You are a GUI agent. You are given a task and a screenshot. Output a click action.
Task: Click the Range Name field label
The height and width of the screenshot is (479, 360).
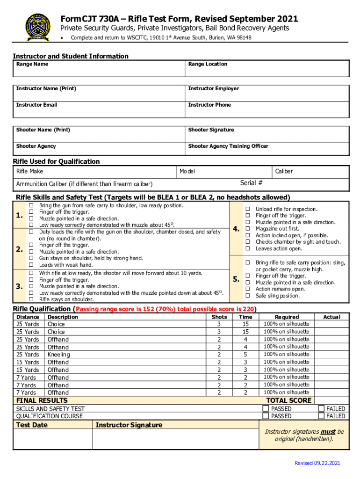click(x=32, y=64)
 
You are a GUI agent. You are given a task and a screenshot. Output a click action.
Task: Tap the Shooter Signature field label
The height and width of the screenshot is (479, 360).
click(x=211, y=130)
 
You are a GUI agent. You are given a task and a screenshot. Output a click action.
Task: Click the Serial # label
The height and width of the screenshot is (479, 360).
click(x=251, y=183)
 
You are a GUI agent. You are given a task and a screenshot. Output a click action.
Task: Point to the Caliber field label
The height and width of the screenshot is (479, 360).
click(x=284, y=171)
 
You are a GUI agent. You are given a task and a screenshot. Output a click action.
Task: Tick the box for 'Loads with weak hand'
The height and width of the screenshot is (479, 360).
click(x=31, y=265)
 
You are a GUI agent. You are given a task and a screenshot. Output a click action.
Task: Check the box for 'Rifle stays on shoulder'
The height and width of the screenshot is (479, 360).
click(x=31, y=299)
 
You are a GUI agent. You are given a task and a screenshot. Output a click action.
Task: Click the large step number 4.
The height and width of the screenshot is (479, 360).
click(x=236, y=229)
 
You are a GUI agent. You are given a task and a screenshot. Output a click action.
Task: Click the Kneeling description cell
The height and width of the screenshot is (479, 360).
click(x=58, y=355)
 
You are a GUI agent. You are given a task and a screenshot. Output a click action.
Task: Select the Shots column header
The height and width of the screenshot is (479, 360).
click(x=219, y=317)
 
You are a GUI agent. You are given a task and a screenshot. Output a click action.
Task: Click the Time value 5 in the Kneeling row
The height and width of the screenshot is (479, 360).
click(x=245, y=355)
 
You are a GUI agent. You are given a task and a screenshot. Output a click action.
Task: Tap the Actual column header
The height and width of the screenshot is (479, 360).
click(x=331, y=317)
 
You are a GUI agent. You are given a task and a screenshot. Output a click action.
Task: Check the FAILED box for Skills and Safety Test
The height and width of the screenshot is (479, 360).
click(x=321, y=408)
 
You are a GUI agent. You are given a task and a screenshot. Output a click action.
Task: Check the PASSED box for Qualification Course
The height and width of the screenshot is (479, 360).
click(x=266, y=416)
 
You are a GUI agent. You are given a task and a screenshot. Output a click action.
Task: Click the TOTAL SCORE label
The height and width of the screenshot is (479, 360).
click(x=288, y=400)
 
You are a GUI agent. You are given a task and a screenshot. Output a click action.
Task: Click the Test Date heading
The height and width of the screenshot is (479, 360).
click(x=32, y=425)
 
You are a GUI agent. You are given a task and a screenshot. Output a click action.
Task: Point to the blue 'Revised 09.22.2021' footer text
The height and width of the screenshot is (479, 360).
click(x=317, y=463)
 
